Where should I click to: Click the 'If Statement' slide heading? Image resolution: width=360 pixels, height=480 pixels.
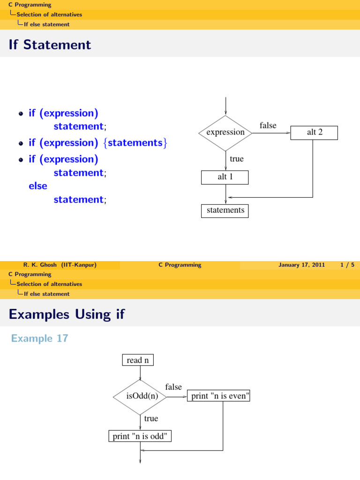(50, 45)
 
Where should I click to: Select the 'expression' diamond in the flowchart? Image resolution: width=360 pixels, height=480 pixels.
(225, 133)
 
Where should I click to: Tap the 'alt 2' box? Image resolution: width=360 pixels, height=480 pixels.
(314, 132)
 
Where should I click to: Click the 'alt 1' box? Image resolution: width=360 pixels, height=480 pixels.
(225, 177)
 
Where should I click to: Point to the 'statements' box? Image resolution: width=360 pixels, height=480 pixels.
(225, 210)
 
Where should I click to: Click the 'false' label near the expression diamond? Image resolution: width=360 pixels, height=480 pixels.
(268, 126)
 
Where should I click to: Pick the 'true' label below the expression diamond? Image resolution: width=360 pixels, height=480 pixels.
(237, 159)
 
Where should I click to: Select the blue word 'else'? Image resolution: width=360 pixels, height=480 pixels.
(38, 186)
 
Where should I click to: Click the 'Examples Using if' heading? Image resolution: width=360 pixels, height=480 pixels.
(67, 314)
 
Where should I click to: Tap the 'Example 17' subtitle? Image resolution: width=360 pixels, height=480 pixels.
(39, 338)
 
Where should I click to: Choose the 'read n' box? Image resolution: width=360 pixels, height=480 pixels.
(138, 360)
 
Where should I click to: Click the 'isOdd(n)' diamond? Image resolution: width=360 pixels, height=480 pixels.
(140, 397)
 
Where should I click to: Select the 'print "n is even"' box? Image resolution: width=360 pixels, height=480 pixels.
(219, 397)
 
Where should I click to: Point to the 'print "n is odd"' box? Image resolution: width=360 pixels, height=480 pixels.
(140, 436)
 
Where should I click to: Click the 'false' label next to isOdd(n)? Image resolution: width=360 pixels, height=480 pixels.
(173, 387)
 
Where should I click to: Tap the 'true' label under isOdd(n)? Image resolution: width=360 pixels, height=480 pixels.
(151, 419)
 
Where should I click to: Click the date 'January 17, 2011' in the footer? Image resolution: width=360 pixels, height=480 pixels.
(301, 265)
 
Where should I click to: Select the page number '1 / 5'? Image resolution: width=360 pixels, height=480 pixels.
(347, 265)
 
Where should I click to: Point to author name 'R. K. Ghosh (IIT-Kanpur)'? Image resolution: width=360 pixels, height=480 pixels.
(60, 265)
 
